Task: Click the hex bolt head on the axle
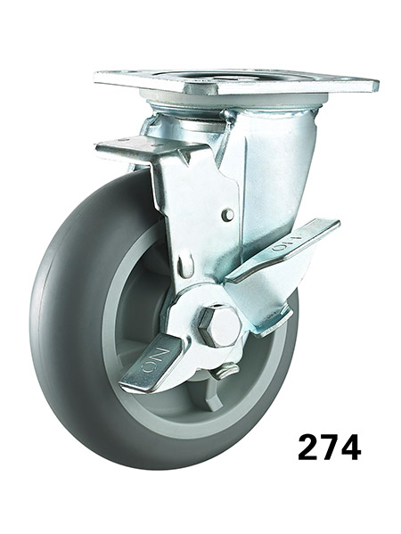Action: pyautogui.click(x=219, y=325)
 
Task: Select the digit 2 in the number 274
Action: pyautogui.click(x=311, y=447)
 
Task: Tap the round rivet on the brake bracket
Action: pyautogui.click(x=227, y=215)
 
